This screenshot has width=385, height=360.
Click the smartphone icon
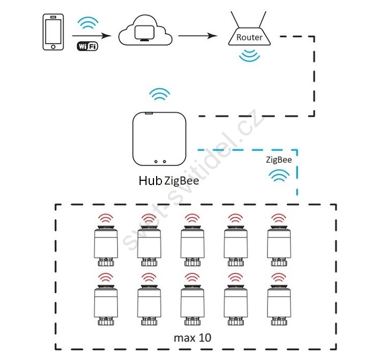pyautogui.click(x=53, y=32)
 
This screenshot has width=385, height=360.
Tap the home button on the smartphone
pyautogui.click(x=53, y=47)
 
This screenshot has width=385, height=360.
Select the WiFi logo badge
pyautogui.click(x=87, y=46)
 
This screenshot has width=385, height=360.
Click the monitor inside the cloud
pyautogui.click(x=144, y=33)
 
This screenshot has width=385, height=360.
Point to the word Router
pyautogui.click(x=249, y=37)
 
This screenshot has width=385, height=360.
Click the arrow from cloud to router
pyautogui.click(x=198, y=36)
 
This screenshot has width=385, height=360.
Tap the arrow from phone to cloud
pyautogui.click(x=91, y=36)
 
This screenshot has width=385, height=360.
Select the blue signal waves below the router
pyautogui.click(x=249, y=55)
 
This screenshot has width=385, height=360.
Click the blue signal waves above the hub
pyautogui.click(x=159, y=94)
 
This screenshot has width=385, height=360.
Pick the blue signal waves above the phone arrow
pyautogui.click(x=88, y=22)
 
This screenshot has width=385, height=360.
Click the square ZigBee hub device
pyautogui.click(x=159, y=139)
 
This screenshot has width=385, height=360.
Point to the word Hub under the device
pyautogui.click(x=150, y=181)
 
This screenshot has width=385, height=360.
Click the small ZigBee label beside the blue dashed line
pyautogui.click(x=279, y=160)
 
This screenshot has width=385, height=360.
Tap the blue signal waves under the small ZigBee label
pyautogui.click(x=279, y=175)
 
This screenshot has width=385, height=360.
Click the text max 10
pyautogui.click(x=192, y=338)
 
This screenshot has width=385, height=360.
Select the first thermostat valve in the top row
pyautogui.click(x=106, y=246)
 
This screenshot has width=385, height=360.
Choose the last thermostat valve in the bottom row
pyautogui.click(x=279, y=305)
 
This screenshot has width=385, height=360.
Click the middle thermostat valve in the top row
pyautogui.click(x=192, y=246)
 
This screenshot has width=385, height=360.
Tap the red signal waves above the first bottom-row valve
pyautogui.click(x=105, y=277)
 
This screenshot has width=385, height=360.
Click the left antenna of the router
pyautogui.click(x=235, y=19)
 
